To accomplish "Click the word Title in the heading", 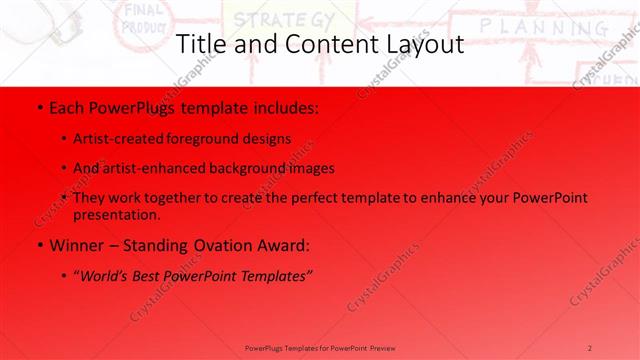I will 200,44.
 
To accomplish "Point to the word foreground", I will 213,139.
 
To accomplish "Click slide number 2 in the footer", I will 590,348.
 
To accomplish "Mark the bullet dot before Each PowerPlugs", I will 38,106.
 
